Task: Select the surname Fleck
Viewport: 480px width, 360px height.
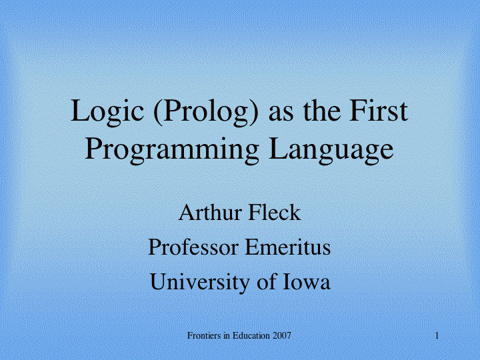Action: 275,213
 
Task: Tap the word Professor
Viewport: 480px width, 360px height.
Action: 193,247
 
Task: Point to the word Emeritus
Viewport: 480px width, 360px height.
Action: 288,247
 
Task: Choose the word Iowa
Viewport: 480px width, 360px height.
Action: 306,282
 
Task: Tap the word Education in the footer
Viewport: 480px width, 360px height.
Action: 251,336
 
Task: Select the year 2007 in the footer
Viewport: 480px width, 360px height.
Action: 281,336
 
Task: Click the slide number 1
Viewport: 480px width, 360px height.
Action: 437,336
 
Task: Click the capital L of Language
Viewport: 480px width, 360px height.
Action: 278,148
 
